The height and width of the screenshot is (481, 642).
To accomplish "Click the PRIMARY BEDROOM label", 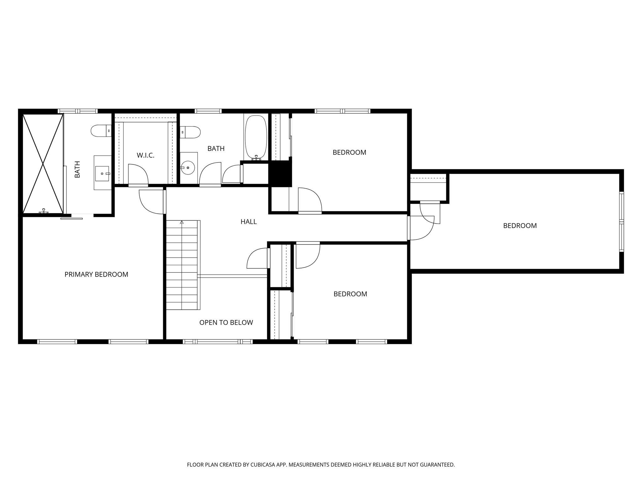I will pyautogui.click(x=96, y=274).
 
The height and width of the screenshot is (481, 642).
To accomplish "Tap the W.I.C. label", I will pyautogui.click(x=145, y=155).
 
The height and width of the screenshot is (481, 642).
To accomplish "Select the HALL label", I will pyautogui.click(x=249, y=222).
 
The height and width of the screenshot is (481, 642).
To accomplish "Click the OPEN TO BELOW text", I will pyautogui.click(x=226, y=323).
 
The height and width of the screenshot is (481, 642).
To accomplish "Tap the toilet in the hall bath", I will pyautogui.click(x=190, y=132).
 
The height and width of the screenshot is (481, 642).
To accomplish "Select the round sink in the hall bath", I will pyautogui.click(x=188, y=168).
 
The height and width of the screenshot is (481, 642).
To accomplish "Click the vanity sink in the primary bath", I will pyautogui.click(x=102, y=173).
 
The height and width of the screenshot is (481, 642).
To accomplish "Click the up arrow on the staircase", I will pyautogui.click(x=182, y=222).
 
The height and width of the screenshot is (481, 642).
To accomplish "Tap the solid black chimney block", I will pyautogui.click(x=280, y=174).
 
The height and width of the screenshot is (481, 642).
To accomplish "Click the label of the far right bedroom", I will pyautogui.click(x=520, y=226).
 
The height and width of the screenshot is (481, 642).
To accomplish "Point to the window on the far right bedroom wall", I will pyautogui.click(x=621, y=221).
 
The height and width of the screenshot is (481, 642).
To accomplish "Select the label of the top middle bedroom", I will pyautogui.click(x=349, y=153).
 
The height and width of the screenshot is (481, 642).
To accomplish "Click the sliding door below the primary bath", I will pyautogui.click(x=71, y=218).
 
